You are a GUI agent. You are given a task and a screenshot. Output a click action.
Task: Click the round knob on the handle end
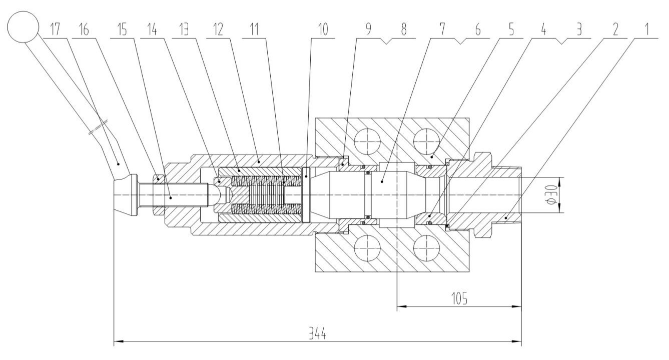23,27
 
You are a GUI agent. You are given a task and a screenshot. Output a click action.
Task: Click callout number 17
55,30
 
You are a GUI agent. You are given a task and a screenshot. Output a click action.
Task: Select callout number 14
152,30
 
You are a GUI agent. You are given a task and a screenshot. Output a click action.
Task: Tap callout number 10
323,30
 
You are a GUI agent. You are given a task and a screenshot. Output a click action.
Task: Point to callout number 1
646,30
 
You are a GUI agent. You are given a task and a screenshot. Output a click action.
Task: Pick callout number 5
511,30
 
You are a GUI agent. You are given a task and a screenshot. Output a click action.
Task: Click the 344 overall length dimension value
317,333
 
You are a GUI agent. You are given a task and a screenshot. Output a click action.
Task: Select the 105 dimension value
459,298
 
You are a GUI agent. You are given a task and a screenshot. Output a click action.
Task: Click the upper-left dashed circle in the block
367,141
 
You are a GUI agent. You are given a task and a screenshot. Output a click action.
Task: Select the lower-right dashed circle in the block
426,248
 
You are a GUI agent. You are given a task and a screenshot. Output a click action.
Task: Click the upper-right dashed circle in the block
426,141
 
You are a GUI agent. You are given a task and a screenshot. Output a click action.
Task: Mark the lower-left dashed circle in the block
367,248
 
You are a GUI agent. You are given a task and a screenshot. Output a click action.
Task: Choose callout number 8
403,30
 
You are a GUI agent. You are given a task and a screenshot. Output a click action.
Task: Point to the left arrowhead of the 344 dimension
119,341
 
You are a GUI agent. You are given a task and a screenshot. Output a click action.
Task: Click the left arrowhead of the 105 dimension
401,306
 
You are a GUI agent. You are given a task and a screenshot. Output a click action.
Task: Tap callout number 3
579,30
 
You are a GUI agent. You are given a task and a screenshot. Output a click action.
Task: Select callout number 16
84,30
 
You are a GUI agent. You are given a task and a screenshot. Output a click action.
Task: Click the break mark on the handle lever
98,127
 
